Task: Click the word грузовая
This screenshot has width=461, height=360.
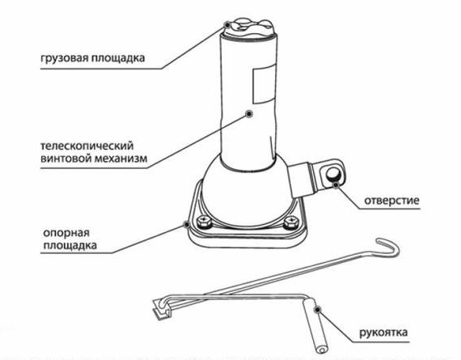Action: [x=64, y=58]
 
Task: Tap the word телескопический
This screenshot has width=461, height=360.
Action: [x=87, y=146]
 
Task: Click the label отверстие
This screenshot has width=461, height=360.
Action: [x=391, y=201]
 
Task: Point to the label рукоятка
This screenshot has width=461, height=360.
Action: [x=383, y=332]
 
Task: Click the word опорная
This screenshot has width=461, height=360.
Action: [x=66, y=233]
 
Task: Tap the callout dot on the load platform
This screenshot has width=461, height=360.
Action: [x=227, y=24]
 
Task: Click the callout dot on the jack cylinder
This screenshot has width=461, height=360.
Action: [x=249, y=113]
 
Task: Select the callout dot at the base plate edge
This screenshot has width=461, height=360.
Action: [x=186, y=225]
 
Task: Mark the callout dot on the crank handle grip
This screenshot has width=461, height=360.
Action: [x=317, y=310]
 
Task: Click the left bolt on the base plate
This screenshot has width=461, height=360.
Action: [x=204, y=221]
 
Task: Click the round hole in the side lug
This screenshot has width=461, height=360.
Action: [x=333, y=174]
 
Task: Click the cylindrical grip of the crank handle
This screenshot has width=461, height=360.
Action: [x=316, y=326]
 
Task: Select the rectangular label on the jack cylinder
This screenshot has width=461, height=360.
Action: [x=264, y=83]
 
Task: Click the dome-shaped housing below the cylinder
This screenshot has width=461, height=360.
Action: [x=247, y=194]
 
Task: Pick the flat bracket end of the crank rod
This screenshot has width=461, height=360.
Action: [x=162, y=309]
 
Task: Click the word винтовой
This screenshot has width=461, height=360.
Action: [x=65, y=159]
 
